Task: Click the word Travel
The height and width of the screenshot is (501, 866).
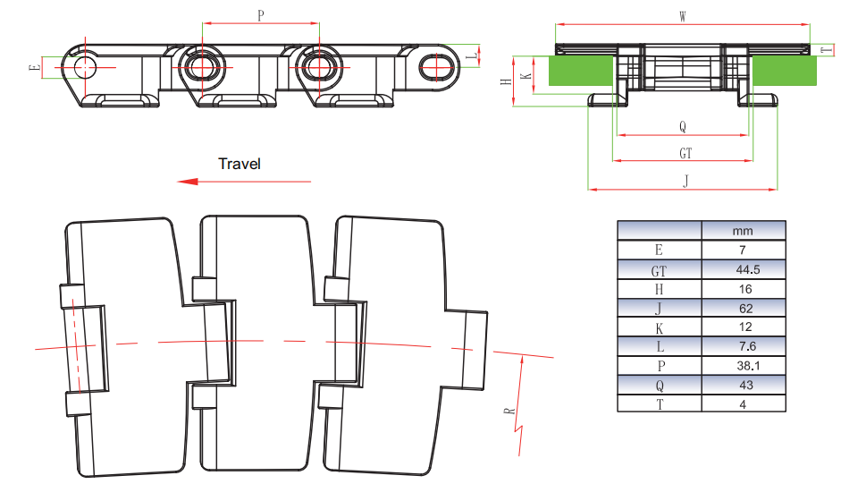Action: (x=240, y=164)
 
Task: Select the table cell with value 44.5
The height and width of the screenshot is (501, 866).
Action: (x=743, y=269)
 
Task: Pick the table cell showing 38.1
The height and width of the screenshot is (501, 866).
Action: (x=743, y=366)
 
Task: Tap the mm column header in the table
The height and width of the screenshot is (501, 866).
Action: (x=743, y=231)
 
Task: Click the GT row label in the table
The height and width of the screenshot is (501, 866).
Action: (x=660, y=269)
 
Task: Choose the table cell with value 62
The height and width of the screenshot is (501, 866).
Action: (x=743, y=309)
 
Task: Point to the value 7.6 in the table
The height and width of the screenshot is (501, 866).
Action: (x=743, y=346)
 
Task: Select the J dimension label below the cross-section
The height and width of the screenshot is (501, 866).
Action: (x=685, y=182)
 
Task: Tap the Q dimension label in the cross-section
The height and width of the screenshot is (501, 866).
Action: (x=682, y=127)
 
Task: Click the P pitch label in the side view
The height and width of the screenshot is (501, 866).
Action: (x=260, y=15)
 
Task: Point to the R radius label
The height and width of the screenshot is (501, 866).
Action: (x=509, y=412)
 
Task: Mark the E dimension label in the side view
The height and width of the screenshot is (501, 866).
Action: (x=34, y=67)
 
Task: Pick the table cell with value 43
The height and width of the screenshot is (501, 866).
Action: (x=743, y=386)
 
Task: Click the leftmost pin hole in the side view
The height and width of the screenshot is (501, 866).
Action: (x=86, y=66)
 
